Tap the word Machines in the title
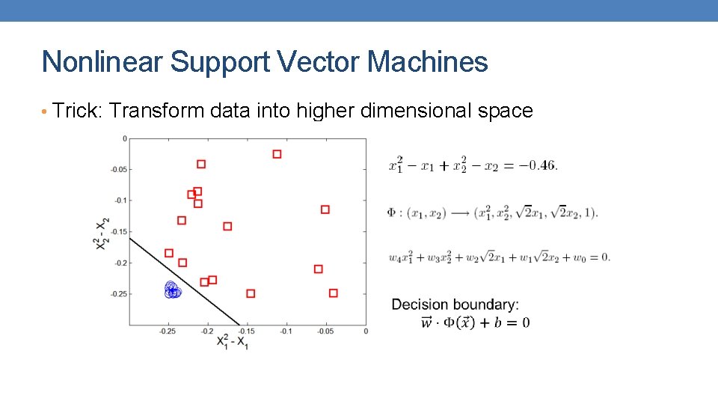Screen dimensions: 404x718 427,62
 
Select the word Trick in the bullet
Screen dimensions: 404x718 77,111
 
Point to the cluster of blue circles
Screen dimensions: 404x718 173,290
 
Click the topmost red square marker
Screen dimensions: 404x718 277,154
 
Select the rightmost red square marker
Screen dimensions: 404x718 333,293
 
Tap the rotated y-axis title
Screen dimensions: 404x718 102,233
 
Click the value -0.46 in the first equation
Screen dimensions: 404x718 540,165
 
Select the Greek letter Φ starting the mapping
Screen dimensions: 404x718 392,212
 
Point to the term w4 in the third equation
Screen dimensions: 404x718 396,258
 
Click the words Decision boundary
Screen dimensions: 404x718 455,304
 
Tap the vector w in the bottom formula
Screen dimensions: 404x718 427,322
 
